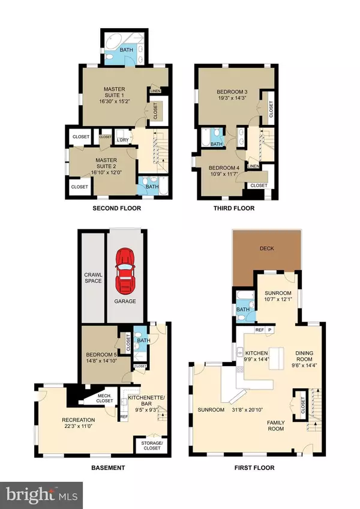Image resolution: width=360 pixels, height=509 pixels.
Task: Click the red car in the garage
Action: pos(125,271)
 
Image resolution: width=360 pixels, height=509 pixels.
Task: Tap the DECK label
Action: pos(267,248)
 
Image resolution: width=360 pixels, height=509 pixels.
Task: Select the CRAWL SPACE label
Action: pos(93,278)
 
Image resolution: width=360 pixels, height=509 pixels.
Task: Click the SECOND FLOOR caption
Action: pos(117,208)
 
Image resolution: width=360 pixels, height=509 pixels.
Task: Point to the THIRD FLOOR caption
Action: pos(234,208)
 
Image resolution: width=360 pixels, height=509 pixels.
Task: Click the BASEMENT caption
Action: pos(108,468)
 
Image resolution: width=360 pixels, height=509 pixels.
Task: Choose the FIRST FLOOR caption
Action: pos(254,468)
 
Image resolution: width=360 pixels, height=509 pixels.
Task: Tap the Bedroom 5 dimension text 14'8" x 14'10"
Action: pos(101,361)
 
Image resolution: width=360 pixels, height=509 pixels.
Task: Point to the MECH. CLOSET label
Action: pos(105,399)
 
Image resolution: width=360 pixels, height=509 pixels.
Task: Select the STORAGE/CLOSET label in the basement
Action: pos(152,445)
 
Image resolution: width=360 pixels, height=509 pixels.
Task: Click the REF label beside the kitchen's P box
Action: pos(260,330)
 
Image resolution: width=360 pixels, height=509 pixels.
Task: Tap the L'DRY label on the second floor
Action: pos(122,140)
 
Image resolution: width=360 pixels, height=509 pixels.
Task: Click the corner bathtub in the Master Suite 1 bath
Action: pos(112,41)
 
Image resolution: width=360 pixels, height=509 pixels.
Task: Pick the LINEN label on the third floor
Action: pos(254,166)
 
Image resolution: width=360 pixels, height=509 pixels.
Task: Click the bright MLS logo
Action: pos(41,495)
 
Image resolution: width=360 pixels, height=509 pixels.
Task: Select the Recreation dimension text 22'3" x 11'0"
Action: pos(79,426)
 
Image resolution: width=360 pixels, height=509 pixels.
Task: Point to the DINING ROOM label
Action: pos(304,356)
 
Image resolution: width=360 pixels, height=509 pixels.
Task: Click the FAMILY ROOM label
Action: pos(276,426)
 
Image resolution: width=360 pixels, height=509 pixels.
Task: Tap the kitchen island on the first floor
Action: pos(276,358)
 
